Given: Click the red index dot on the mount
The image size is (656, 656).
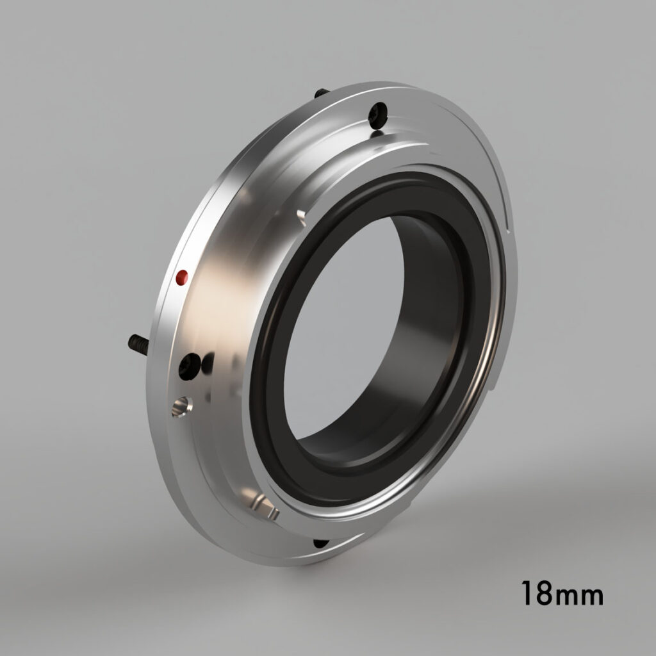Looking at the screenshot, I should click(182, 277).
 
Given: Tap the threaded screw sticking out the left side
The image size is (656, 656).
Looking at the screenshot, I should click(138, 344).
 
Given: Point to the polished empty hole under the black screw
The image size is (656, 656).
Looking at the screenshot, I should click(181, 406).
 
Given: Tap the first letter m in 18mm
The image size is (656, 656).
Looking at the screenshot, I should click(565, 596).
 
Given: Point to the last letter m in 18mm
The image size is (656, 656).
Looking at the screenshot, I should click(591, 596).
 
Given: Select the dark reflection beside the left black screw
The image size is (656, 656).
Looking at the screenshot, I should click(208, 365).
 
